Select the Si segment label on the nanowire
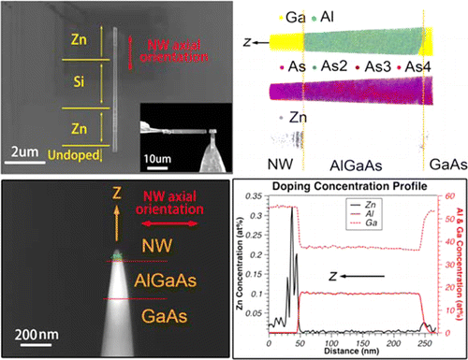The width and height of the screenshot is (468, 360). coord(78,82)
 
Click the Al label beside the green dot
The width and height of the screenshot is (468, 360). coord(329,16)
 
